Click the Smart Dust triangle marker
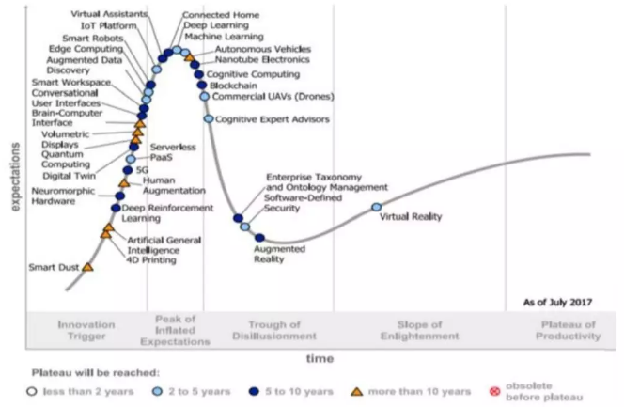pyautogui.click(x=87, y=267)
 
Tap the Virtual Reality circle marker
pyautogui.click(x=377, y=207)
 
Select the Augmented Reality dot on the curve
pyautogui.click(x=259, y=238)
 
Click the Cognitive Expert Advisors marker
pyautogui.click(x=210, y=118)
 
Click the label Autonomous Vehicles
pyautogui.click(x=252, y=47)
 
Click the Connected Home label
pyautogui.click(x=221, y=15)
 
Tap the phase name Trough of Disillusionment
pyautogui.click(x=270, y=330)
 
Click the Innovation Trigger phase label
pyautogui.click(x=86, y=330)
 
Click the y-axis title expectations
pyautogui.click(x=14, y=178)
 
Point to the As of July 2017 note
pyautogui.click(x=557, y=303)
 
